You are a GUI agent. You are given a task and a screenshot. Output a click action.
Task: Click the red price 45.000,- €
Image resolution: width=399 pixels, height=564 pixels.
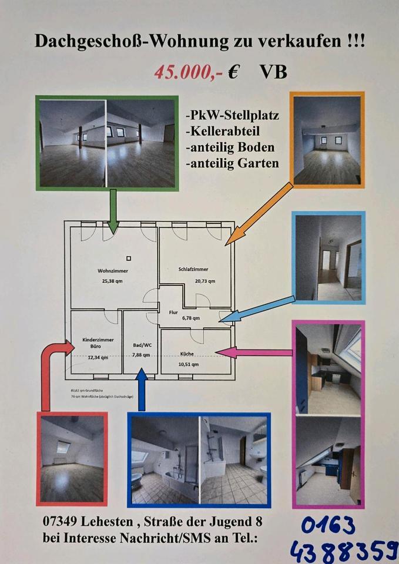(196, 72)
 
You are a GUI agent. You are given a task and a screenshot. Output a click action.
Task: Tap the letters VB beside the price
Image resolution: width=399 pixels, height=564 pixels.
(273, 72)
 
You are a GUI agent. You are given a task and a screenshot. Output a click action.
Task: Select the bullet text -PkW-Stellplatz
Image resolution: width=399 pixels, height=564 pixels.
(232, 115)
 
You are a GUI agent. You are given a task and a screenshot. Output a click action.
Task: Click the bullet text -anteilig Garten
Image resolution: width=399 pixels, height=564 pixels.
(232, 163)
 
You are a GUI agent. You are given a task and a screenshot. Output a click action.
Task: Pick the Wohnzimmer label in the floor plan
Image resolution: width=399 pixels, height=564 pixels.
(112, 271)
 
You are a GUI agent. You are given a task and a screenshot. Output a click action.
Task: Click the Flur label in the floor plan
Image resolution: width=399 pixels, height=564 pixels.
(173, 313)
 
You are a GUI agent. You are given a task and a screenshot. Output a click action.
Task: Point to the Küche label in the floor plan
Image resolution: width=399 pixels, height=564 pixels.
(187, 354)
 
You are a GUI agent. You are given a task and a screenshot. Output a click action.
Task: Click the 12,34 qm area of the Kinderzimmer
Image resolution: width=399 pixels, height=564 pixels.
(98, 357)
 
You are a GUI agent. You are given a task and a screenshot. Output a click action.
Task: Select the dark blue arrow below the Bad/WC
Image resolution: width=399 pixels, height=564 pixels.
(141, 390)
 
